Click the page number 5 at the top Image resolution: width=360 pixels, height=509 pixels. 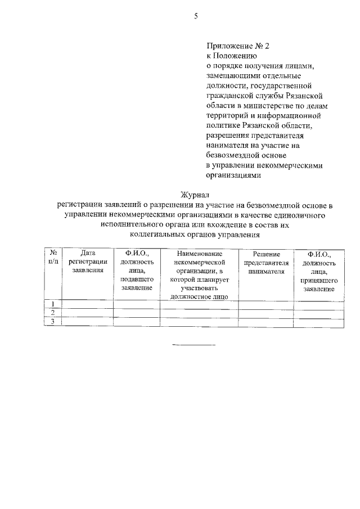coord(196,16)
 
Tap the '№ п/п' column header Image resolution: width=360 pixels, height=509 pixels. coord(53,258)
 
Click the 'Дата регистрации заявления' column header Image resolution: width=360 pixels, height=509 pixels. coord(88,262)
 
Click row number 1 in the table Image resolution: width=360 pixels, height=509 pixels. coord(53,304)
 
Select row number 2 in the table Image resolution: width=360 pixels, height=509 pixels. coord(53,313)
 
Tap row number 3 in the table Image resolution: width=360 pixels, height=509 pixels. coord(53,321)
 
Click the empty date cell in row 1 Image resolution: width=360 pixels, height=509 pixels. coord(88,304)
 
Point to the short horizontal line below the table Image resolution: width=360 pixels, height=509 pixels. coord(193,344)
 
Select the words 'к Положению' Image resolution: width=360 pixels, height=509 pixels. coord(232,56)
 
